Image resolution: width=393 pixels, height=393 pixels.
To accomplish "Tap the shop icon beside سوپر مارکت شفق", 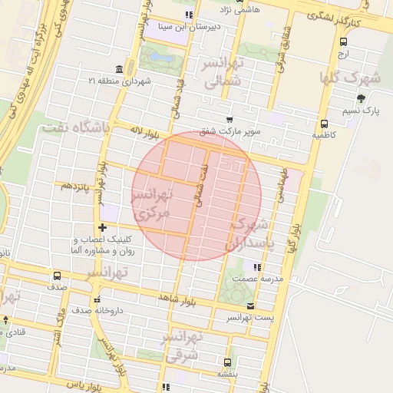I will pyautogui.click(x=230, y=119).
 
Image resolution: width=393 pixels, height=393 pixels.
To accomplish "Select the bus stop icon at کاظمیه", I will pyautogui.click(x=324, y=123).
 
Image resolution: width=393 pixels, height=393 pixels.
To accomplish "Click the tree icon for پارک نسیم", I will pyautogui.click(x=361, y=98).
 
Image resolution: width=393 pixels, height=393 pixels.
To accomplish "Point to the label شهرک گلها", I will pyautogui.click(x=363, y=78).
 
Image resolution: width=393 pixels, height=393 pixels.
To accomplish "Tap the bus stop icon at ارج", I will pyautogui.click(x=342, y=42).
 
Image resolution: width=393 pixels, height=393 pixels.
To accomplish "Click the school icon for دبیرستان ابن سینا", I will pyautogui.click(x=190, y=15).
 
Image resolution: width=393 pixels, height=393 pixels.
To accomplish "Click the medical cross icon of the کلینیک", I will pyautogui.click(x=103, y=227).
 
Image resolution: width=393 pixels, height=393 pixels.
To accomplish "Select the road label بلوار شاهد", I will pyautogui.click(x=177, y=298).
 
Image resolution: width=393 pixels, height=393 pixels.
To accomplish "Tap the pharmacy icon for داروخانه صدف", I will pyautogui.click(x=96, y=299).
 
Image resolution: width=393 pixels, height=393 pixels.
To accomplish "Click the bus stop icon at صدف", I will pyautogui.click(x=57, y=276).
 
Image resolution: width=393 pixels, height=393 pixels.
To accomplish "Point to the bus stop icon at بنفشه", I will pyautogui.click(x=227, y=362).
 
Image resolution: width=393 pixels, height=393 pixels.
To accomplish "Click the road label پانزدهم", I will pyautogui.click(x=77, y=186).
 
